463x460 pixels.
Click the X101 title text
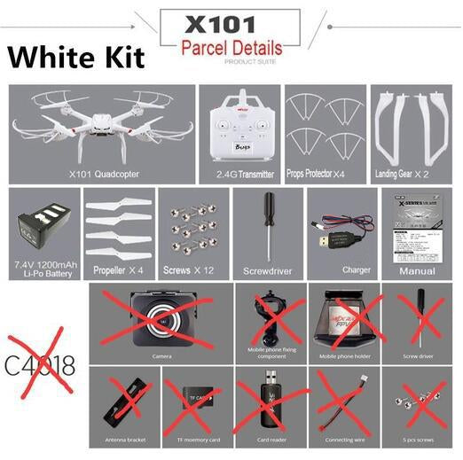(x=231, y=23)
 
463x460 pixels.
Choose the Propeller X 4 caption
(x=119, y=269)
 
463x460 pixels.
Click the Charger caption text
(x=344, y=269)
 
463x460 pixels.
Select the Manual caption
(x=418, y=270)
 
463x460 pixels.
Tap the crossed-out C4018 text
(x=41, y=365)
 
